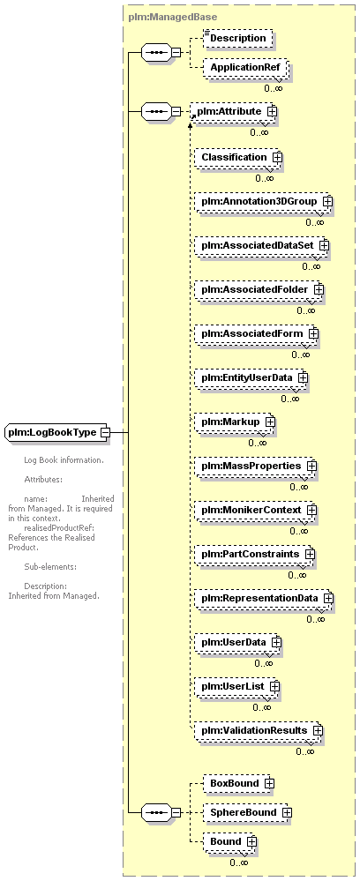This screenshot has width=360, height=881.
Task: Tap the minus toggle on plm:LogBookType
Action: pyautogui.click(x=105, y=433)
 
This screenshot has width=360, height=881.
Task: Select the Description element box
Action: pyautogui.click(x=238, y=38)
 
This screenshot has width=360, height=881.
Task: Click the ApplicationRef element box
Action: pyautogui.click(x=247, y=67)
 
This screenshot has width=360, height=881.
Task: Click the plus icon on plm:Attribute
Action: pyautogui.click(x=273, y=111)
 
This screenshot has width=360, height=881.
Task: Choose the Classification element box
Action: pyautogui.click(x=238, y=157)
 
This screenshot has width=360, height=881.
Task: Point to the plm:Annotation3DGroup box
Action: pyautogui.click(x=263, y=201)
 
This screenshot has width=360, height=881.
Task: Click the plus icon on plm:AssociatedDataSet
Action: pyautogui.click(x=324, y=245)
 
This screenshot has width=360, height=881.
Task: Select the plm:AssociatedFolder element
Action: pyautogui.click(x=259, y=290)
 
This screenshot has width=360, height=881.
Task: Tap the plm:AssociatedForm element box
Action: pyautogui.click(x=257, y=333)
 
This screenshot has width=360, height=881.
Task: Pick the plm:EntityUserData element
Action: pyautogui.click(x=251, y=378)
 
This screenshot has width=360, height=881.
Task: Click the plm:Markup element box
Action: pyautogui.click(x=235, y=422)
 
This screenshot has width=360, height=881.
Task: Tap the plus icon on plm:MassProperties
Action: pyautogui.click(x=311, y=467)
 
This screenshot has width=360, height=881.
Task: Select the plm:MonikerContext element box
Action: pyautogui.click(x=256, y=511)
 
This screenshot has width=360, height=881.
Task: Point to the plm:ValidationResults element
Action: pyautogui.click(x=259, y=731)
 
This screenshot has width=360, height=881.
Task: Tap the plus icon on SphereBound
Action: pyautogui.click(x=287, y=812)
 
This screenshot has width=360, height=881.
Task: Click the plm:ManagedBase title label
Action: pyautogui.click(x=173, y=18)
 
